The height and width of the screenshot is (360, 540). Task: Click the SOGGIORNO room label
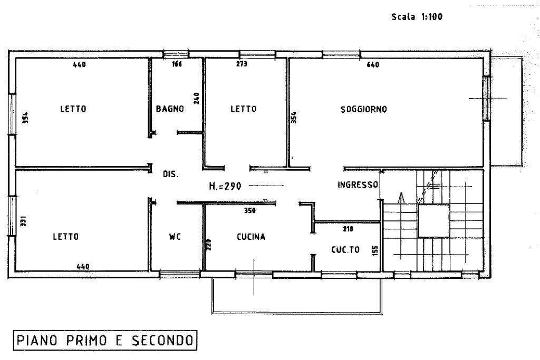tap(363, 110)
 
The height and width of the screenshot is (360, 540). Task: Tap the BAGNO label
tap(170, 109)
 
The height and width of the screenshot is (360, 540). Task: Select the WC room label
tap(175, 237)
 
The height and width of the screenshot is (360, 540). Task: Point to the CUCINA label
tap(251, 237)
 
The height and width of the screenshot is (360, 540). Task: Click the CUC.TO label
tap(345, 249)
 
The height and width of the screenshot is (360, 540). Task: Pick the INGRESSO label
tap(358, 185)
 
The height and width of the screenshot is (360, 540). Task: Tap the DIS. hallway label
tap(170, 174)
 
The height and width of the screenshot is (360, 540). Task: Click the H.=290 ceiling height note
tap(225, 186)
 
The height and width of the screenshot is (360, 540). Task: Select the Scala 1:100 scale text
tap(417, 16)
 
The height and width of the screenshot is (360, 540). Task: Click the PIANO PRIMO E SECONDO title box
tap(105, 340)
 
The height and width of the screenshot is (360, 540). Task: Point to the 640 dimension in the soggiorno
tap(373, 65)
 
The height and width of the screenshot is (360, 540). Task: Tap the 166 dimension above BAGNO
tap(177, 64)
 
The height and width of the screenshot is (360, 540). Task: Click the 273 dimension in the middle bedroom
tap(242, 64)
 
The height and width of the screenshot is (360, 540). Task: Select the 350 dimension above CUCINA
tap(250, 210)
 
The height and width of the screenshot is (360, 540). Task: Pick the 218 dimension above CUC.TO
tap(348, 229)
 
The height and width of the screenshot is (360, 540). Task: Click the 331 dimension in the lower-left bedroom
tap(23, 221)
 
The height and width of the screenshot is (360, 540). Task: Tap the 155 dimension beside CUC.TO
tap(375, 250)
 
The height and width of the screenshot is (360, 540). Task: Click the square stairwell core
tap(433, 221)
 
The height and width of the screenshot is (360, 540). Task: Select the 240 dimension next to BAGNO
tap(197, 99)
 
